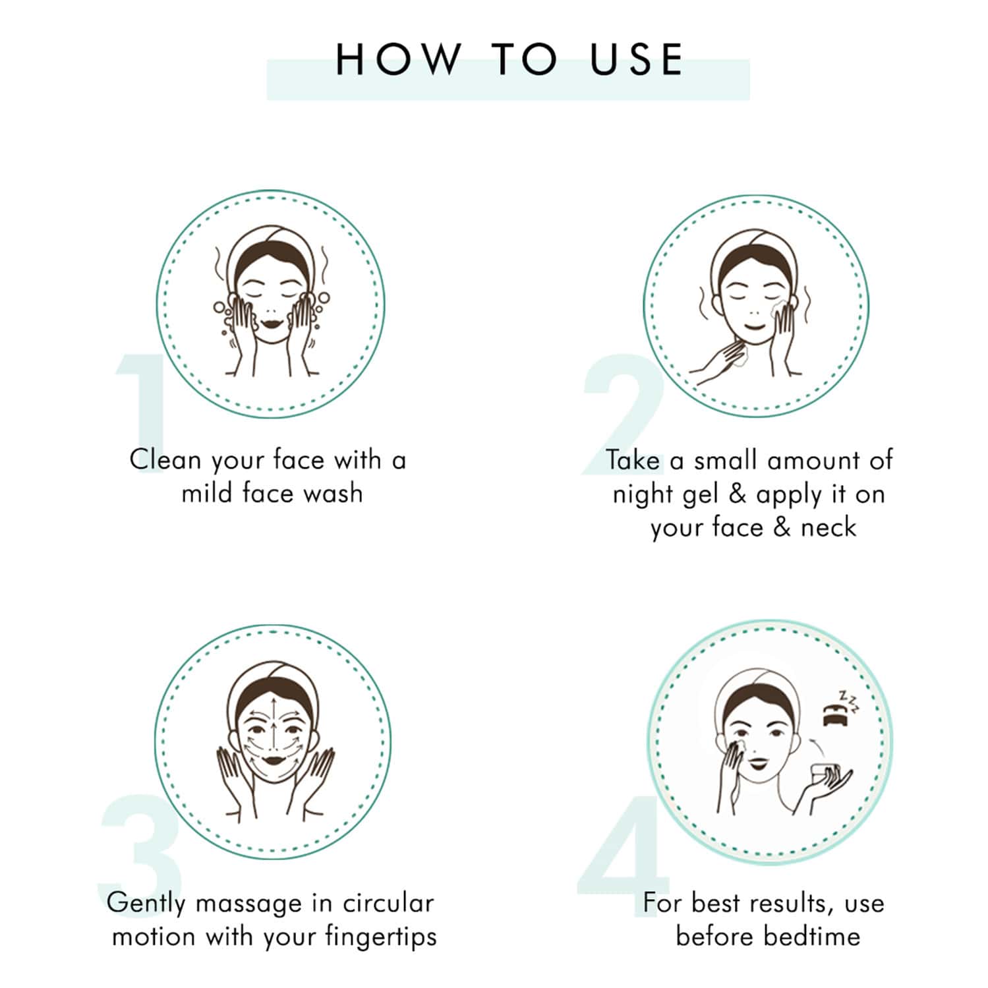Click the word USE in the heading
coord(637,59)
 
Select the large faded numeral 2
coord(623,413)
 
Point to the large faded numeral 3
coord(140,846)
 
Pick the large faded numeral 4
coord(623,846)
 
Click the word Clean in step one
coord(165,459)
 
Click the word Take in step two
coord(633,460)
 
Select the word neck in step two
coord(828,527)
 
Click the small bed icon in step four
coord(834,715)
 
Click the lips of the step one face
coord(271,324)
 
